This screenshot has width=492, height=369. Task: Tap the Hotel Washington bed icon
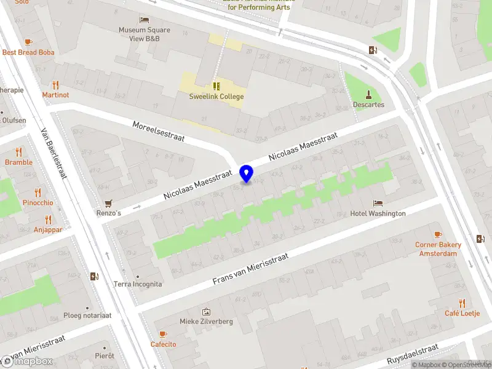[378, 203]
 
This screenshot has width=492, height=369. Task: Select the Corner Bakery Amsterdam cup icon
[438, 234]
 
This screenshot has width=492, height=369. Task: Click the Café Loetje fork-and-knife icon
[462, 303]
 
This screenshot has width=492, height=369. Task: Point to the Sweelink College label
[216, 97]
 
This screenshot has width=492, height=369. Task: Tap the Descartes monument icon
[368, 94]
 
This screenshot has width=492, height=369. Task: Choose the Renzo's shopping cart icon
[109, 203]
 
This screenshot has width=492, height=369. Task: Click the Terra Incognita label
[138, 284]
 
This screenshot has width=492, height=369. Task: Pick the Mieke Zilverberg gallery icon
[206, 312]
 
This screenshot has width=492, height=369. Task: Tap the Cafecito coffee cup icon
[163, 334]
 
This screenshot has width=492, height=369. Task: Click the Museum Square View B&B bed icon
[144, 20]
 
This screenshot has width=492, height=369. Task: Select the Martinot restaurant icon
[55, 85]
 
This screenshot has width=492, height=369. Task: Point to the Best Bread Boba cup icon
[28, 42]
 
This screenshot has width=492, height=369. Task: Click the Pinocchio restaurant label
[38, 202]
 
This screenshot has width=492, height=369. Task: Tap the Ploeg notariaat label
[87, 315]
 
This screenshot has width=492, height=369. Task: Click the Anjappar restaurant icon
[48, 220]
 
